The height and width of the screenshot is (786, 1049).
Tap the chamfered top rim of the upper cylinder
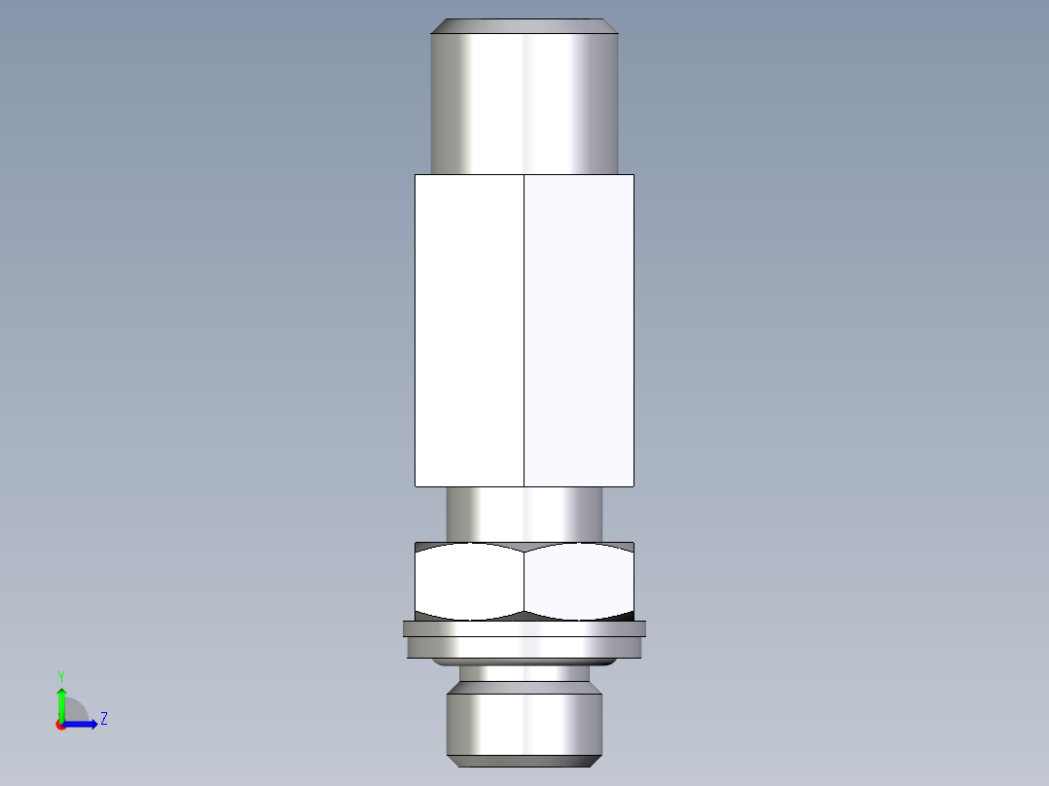pyautogui.click(x=524, y=26)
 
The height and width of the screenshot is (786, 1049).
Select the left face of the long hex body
pyautogui.click(x=469, y=331)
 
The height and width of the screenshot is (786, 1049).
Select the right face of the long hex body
pyautogui.click(x=579, y=331)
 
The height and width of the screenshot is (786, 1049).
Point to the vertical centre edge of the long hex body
pyautogui.click(x=524, y=331)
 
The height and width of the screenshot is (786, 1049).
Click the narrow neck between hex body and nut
pyautogui.click(x=524, y=514)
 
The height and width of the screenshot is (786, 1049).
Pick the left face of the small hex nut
pyautogui.click(x=469, y=582)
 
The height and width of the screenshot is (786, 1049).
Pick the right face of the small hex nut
pyautogui.click(x=579, y=582)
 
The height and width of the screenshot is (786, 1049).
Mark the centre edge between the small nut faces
pyautogui.click(x=524, y=582)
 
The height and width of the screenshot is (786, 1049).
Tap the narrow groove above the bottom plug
pyautogui.click(x=524, y=673)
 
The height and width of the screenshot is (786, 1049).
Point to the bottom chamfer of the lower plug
pyautogui.click(x=524, y=759)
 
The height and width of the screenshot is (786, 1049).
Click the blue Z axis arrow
pyautogui.click(x=83, y=724)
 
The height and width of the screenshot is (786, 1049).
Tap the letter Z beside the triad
pyautogui.click(x=103, y=719)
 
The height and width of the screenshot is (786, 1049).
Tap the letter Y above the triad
pyautogui.click(x=60, y=675)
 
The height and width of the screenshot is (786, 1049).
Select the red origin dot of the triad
pyautogui.click(x=61, y=725)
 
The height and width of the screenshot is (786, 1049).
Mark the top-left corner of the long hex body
pyautogui.click(x=416, y=175)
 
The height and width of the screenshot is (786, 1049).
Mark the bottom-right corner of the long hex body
pyautogui.click(x=633, y=485)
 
